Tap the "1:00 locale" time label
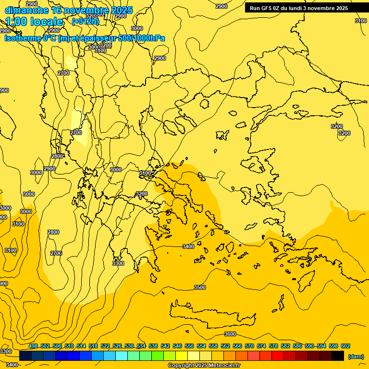[34, 22]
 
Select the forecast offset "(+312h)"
[86, 21]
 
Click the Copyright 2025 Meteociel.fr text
[204, 366]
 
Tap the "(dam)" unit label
[356, 357]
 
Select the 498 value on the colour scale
[33, 346]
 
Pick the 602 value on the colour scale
[345, 346]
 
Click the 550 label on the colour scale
[189, 346]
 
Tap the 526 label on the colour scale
[117, 346]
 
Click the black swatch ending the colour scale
[338, 356]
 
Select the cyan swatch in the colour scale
[122, 356]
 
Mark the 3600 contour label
[230, 334]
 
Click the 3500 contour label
[199, 287]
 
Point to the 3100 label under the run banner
[361, 21]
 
